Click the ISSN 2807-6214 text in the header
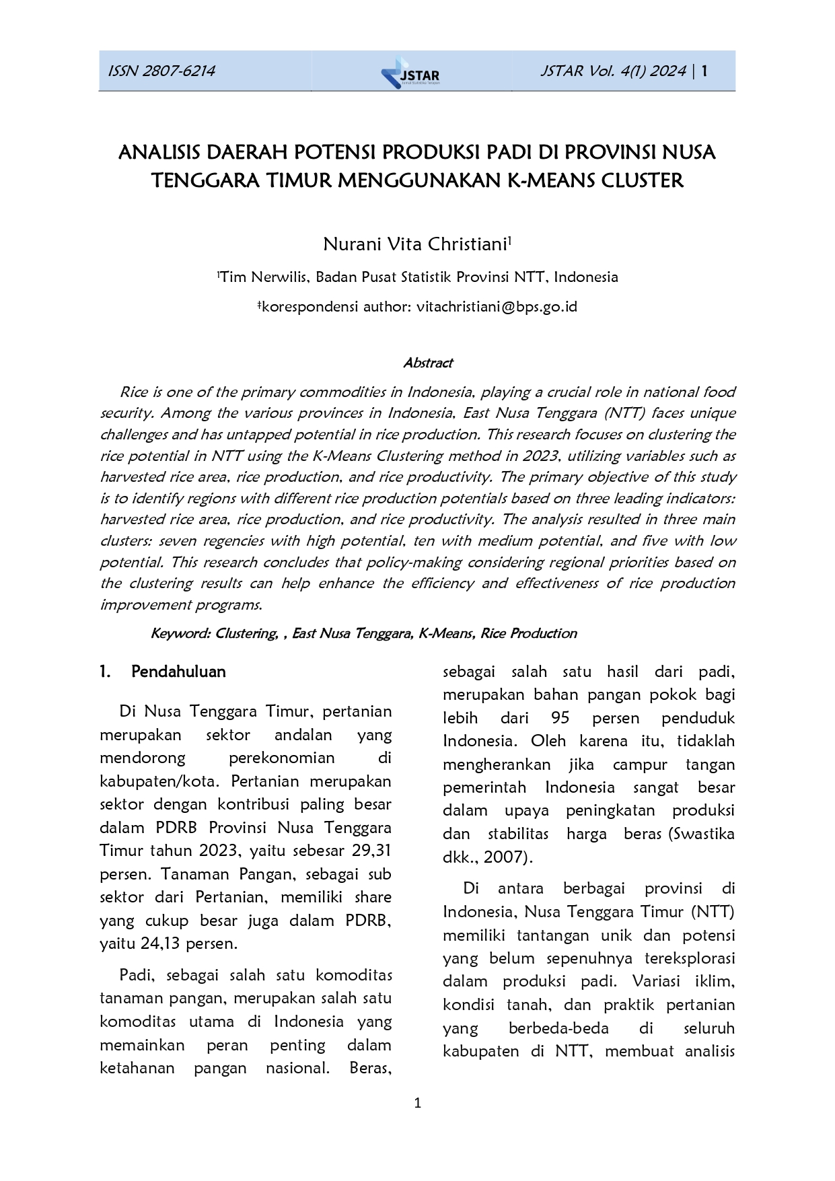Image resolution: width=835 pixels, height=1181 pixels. point(161,71)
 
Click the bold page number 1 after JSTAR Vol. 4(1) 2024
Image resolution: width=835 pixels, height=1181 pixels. point(704,71)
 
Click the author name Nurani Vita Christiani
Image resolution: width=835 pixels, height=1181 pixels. point(414,244)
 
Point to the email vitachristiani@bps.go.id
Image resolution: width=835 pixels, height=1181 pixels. point(497,307)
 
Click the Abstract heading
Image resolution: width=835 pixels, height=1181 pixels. point(428,363)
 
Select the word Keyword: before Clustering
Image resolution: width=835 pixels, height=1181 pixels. point(180,634)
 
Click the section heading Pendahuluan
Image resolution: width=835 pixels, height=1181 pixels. point(178,672)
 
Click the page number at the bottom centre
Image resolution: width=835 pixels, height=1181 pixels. point(417,1103)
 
